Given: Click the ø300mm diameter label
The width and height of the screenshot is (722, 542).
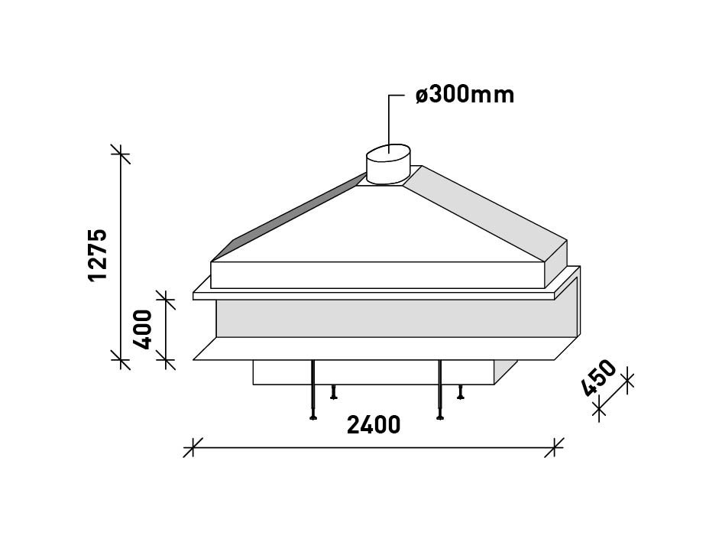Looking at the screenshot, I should click(465, 95).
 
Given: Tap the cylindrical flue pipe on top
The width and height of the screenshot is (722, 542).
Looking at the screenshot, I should click(389, 166).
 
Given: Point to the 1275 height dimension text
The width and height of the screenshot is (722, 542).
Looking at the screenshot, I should click(97, 254).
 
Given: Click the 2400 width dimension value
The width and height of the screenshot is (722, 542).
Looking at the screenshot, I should click(374, 425).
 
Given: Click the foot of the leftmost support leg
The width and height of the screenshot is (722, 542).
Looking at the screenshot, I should click(313, 417).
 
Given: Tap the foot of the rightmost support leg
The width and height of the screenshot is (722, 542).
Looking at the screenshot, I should click(460, 397).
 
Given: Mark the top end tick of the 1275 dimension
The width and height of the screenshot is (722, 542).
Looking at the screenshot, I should click(120, 154).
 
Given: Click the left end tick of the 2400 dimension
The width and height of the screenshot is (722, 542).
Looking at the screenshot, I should click(193, 447).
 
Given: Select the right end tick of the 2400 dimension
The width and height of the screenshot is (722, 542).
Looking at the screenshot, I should click(554, 447).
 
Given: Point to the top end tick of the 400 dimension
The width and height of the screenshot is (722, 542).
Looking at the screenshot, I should click(166, 299).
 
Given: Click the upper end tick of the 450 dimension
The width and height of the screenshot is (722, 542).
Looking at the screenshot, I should click(626, 380).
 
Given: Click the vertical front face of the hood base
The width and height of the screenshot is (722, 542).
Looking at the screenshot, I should click(378, 275).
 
